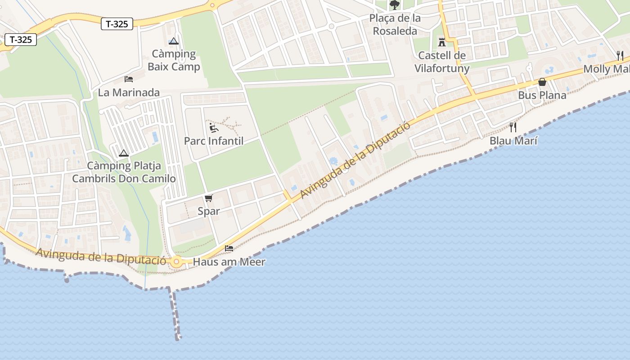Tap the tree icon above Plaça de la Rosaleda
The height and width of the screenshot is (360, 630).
point(395,5)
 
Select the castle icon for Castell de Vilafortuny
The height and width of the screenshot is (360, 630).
point(441,42)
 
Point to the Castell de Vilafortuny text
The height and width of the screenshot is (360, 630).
point(441,62)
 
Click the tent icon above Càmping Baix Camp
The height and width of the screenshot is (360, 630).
point(174,41)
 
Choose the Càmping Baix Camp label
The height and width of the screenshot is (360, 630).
point(174,60)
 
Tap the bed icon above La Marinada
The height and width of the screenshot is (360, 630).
point(129,79)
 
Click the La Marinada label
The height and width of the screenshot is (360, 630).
point(129,93)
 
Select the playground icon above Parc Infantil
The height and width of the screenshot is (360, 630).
point(214,127)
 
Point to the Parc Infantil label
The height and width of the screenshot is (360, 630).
point(214,141)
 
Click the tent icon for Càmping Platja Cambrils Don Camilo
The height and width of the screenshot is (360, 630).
point(124,153)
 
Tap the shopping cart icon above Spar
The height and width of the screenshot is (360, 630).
point(209,198)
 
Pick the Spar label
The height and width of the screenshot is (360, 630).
point(209,211)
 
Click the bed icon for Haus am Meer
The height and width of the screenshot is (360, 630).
point(229,248)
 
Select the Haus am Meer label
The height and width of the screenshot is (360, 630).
point(229,262)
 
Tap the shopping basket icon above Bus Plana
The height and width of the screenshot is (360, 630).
point(542,82)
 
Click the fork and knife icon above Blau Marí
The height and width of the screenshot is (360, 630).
point(513,127)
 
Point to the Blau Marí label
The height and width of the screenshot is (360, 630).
point(513,141)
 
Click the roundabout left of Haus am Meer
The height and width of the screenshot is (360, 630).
point(176,261)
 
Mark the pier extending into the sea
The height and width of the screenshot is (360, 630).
point(175,315)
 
